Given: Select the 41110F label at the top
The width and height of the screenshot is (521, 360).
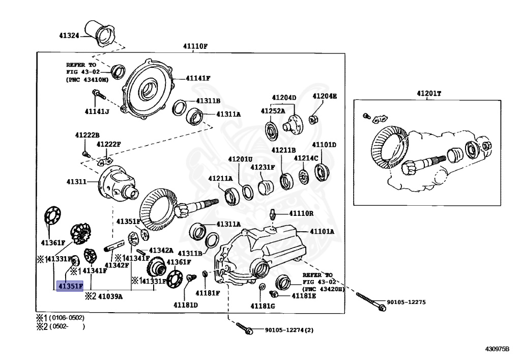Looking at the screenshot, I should point(195,46).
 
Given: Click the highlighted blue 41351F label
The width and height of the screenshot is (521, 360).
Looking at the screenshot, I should point(70,286).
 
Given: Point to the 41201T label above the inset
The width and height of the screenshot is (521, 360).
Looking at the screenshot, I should point(429,93).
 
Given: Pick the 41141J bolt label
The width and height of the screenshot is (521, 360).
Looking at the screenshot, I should point(96,112).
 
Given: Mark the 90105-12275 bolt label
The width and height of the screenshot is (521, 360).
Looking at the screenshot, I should point(406,302).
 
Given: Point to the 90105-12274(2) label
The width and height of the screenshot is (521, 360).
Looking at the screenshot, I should point(289,330).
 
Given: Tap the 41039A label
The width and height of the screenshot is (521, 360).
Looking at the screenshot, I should point(110,295).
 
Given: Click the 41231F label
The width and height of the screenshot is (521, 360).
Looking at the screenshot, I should point(263,167).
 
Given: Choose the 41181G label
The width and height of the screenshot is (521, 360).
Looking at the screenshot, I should point(263,306).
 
